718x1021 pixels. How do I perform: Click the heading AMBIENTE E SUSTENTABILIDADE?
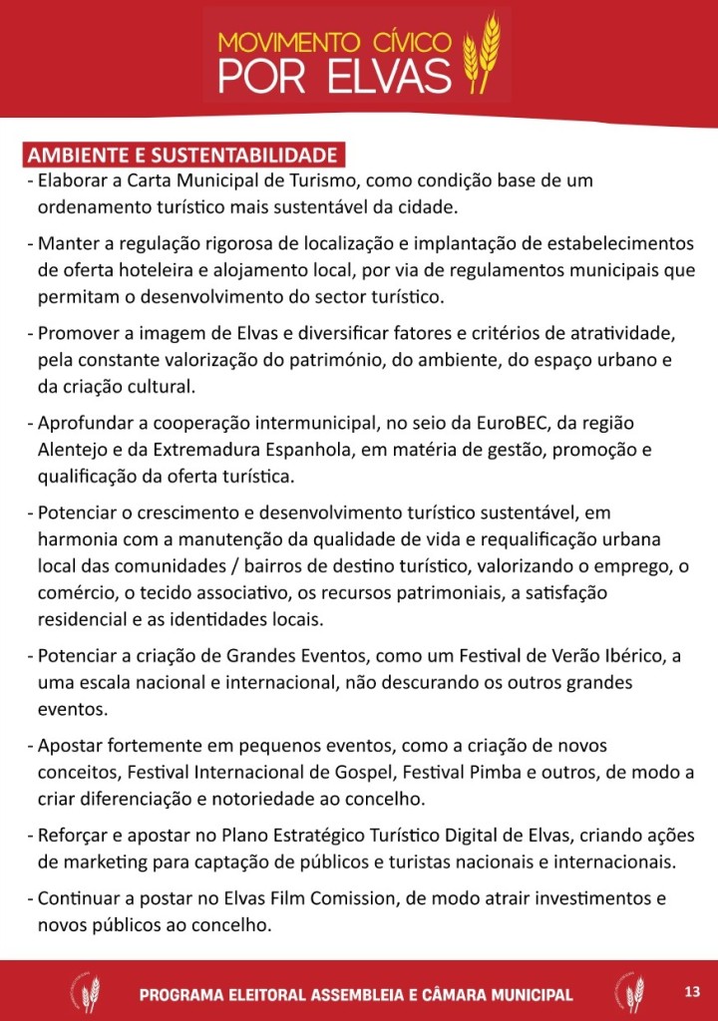[x=182, y=157]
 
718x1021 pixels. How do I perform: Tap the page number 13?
[x=693, y=991]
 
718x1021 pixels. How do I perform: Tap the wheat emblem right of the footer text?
[x=629, y=992]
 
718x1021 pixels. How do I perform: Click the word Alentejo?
[x=76, y=450]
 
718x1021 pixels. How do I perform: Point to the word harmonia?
[x=77, y=539]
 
